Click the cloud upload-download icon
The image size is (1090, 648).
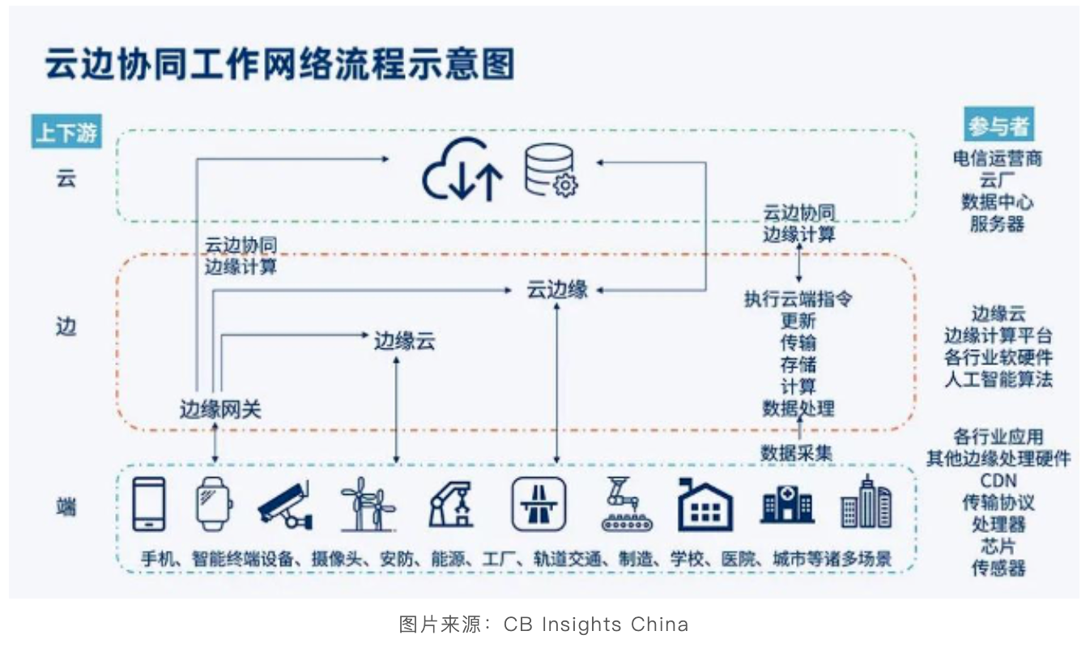pos(462,169)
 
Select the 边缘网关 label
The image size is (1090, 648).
pos(220,410)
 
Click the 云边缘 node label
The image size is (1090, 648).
pos(557,290)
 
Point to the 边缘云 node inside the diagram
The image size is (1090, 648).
pos(404,341)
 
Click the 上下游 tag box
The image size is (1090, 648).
pos(66,132)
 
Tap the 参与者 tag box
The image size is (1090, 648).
pos(999,126)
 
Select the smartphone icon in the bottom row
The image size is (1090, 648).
pos(149,504)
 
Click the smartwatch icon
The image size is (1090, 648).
pos(215,504)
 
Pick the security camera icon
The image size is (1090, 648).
pos(284,504)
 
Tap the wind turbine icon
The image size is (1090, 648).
pos(368,504)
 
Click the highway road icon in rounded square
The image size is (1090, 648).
pos(539,504)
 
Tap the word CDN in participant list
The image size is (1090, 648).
pos(998,481)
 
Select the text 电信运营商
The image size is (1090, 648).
pos(998,159)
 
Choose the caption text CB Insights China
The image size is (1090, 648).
pos(595,625)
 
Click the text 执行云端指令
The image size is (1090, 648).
pos(798,299)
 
